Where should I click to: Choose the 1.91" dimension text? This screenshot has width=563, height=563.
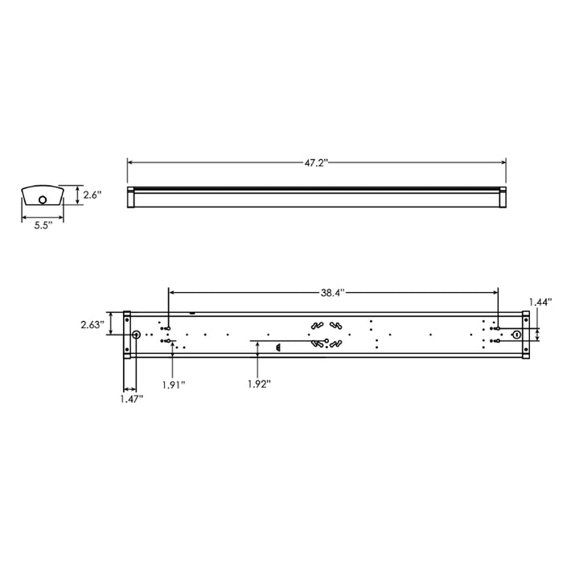[173, 384]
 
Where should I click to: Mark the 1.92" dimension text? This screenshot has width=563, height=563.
[259, 384]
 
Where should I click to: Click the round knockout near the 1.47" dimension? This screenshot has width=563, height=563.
[136, 335]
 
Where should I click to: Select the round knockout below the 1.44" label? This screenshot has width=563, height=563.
[517, 334]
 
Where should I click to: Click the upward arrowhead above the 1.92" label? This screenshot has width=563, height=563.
[257, 342]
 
